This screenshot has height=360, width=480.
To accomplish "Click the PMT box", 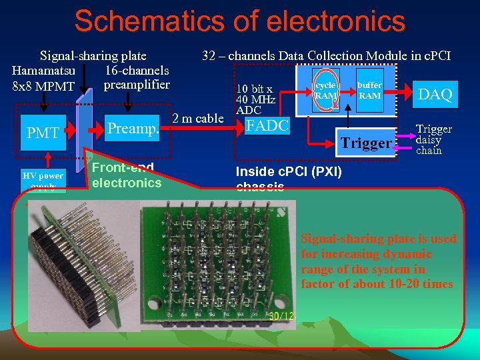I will point(43,133).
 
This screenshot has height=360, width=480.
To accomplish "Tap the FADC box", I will point(267,125).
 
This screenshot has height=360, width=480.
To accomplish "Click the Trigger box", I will point(366,143).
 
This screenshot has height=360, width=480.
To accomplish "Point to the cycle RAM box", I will point(326,90).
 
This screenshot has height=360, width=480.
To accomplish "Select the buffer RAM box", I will point(369,90).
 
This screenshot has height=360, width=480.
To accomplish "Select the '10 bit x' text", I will point(255,89).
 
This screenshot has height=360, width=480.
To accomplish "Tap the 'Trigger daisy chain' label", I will point(433,140).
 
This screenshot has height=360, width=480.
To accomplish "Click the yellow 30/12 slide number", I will point(282,315).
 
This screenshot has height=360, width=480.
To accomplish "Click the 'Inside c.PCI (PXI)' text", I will point(289,172).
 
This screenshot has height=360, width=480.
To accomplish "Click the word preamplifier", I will point(137,85).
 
